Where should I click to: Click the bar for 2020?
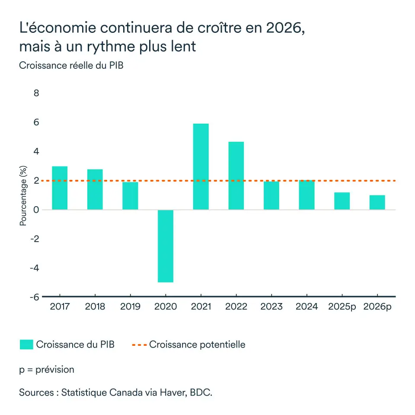point(166,246)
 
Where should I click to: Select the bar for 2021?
point(201,166)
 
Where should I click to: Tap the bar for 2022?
point(236,176)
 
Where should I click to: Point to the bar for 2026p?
point(377,202)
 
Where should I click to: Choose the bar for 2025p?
point(342,201)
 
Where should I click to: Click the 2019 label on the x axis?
point(130,306)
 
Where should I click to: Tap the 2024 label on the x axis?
point(306,306)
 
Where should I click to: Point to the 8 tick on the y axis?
point(36,93)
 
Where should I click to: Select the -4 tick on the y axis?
point(34,268)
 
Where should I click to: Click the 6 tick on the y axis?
point(36,122)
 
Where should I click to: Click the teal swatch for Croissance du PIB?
point(26,345)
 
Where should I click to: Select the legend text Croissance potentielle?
point(197,345)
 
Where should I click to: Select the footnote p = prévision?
point(47,370)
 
